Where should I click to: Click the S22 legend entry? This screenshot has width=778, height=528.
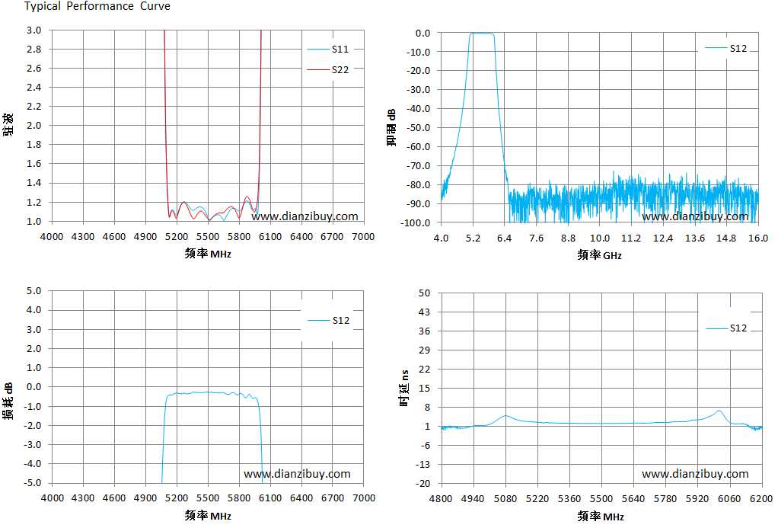pyautogui.click(x=328, y=69)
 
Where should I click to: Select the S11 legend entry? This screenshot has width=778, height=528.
pyautogui.click(x=328, y=49)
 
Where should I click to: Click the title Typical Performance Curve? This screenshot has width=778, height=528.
pyautogui.click(x=97, y=6)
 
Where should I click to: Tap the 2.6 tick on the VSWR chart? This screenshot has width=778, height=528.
pyautogui.click(x=33, y=68)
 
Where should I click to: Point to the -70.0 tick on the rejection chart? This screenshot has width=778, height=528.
pyautogui.click(x=418, y=165)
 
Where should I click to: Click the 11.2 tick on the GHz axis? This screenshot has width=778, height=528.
pyautogui.click(x=631, y=238)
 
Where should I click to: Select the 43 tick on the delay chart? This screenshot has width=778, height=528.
pyautogui.click(x=424, y=312)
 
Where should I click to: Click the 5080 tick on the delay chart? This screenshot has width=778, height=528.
pyautogui.click(x=505, y=498)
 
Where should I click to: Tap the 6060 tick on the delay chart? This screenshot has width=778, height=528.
pyautogui.click(x=729, y=498)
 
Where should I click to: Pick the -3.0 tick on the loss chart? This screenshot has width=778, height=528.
pyautogui.click(x=33, y=444)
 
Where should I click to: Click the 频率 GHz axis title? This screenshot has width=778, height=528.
pyautogui.click(x=599, y=255)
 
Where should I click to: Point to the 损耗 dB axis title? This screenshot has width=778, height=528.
pyautogui.click(x=8, y=401)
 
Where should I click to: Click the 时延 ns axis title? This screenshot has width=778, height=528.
pyautogui.click(x=405, y=388)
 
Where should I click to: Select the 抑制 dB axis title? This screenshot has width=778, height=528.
pyautogui.click(x=391, y=127)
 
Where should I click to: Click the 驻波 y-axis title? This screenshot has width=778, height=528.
pyautogui.click(x=8, y=125)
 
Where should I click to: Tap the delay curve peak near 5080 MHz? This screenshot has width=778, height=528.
pyautogui.click(x=505, y=416)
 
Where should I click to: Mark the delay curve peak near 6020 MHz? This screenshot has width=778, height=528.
pyautogui.click(x=719, y=411)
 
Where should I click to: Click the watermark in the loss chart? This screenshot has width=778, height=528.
pyautogui.click(x=297, y=474)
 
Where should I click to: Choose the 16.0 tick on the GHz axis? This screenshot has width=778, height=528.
pyautogui.click(x=758, y=238)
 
